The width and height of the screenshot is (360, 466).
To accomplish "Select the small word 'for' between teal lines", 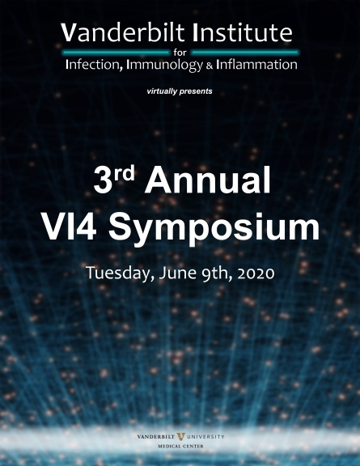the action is (180, 53).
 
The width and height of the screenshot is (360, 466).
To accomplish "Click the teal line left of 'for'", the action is (116, 53).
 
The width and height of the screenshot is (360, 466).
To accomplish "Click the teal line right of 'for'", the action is (245, 53).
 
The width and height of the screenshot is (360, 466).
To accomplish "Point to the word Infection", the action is (94, 65).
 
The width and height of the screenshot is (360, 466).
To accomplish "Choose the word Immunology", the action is (164, 66).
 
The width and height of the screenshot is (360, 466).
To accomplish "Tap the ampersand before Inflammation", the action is (210, 66).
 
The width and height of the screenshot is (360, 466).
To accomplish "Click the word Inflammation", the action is (256, 65).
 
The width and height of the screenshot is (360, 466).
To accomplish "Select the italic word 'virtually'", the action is (162, 91).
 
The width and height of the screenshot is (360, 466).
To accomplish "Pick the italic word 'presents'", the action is (196, 91).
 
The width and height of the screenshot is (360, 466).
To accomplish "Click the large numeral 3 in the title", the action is (101, 180).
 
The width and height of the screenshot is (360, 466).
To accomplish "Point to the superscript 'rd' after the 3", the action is (124, 173).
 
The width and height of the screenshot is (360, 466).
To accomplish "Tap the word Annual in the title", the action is (207, 180).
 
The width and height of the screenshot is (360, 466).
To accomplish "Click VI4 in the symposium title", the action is (69, 227).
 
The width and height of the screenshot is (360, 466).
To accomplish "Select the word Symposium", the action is (214, 229).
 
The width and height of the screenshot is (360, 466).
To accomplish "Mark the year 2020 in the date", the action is (256, 273).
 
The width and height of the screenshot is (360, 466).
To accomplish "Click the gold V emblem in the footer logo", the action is (180, 437).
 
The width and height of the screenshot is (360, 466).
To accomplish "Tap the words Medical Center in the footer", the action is (180, 446).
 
